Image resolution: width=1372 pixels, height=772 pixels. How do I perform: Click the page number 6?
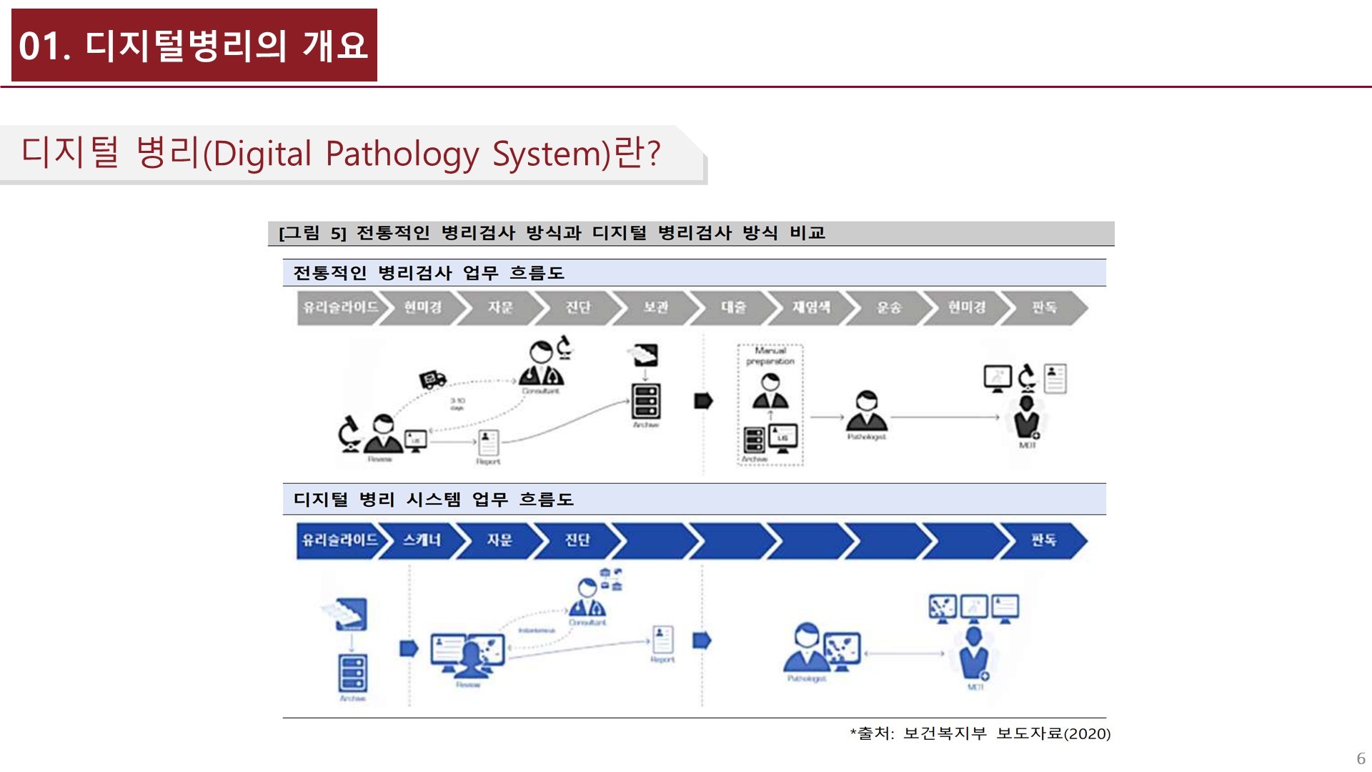(1361, 758)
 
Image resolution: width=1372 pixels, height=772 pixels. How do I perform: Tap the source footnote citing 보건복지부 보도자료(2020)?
(980, 733)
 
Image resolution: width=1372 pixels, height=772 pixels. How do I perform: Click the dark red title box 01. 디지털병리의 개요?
(194, 45)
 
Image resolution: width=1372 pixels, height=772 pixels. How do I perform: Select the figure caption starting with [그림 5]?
(552, 233)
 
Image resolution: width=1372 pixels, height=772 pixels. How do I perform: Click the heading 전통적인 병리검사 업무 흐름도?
(429, 273)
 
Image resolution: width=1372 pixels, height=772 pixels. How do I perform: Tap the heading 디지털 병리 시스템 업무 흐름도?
(434, 500)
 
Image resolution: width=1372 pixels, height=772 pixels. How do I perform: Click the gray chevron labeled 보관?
(655, 307)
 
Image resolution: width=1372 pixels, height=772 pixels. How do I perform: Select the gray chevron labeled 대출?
(733, 307)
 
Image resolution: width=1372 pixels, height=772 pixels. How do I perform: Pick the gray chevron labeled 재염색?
(811, 307)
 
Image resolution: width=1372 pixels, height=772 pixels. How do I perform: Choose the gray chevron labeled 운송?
(889, 307)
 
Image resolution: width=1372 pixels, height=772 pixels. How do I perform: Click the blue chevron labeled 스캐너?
(422, 540)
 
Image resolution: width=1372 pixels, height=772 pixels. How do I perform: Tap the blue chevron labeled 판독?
(1043, 540)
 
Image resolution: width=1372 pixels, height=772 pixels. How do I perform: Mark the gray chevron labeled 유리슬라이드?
(340, 307)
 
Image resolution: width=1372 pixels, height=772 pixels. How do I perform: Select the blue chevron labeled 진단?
(577, 540)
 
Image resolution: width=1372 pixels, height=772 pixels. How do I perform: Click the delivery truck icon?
(432, 379)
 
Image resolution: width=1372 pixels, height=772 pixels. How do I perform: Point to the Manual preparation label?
(770, 356)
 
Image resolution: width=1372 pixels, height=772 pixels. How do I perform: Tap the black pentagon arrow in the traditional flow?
(703, 401)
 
